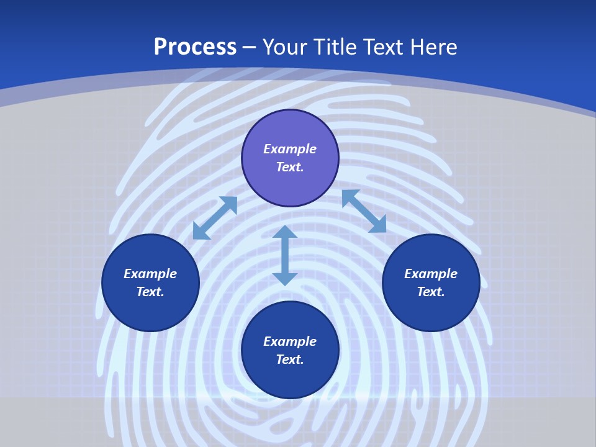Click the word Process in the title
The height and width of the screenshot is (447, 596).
click(x=195, y=47)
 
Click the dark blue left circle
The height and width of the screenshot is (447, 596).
click(x=150, y=310)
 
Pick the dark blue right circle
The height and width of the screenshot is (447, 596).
click(x=431, y=310)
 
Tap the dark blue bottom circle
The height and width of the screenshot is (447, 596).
click(x=290, y=379)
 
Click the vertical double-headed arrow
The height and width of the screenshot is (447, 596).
click(x=285, y=255)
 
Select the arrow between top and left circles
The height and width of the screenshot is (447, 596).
click(x=215, y=218)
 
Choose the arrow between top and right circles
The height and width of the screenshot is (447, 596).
click(x=364, y=211)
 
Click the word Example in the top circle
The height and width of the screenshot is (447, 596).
click(x=290, y=149)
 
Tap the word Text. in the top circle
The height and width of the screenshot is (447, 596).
click(x=290, y=167)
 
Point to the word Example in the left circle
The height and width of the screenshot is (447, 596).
click(x=150, y=274)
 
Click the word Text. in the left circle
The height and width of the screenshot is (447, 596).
click(x=150, y=292)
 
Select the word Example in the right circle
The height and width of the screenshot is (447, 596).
click(x=431, y=274)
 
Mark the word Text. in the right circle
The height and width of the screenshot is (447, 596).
click(x=431, y=292)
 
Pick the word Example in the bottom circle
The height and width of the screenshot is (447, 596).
click(x=290, y=341)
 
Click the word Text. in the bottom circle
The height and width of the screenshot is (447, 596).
click(x=290, y=359)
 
